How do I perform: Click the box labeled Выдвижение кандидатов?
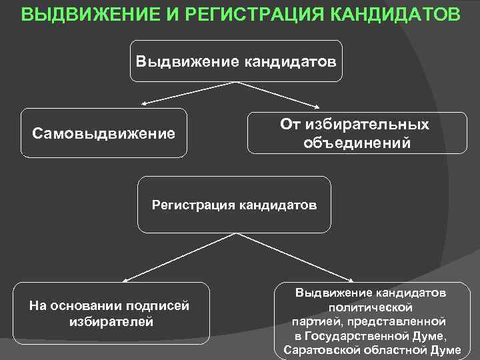236,61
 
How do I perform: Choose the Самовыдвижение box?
104,133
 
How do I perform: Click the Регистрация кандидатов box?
234,205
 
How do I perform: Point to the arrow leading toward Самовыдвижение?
186,93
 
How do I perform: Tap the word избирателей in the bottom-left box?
111,321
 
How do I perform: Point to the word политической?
371,307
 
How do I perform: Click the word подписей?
160,306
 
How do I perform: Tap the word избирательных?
373,125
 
